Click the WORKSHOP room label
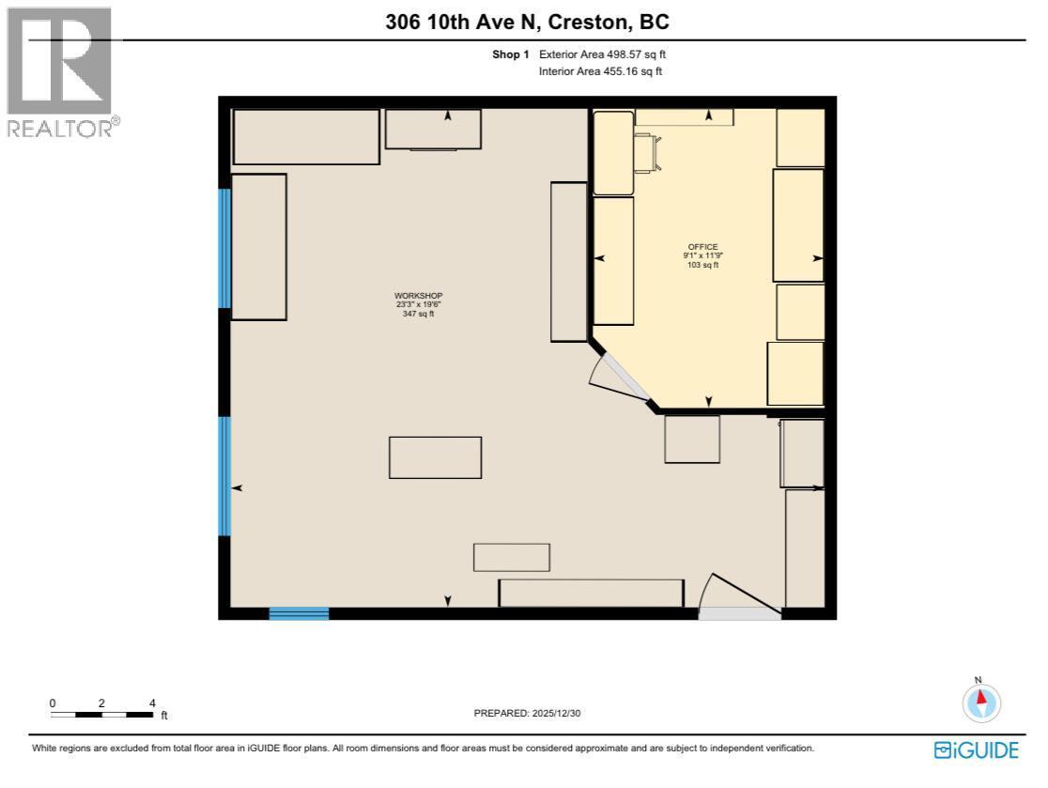point(418,296)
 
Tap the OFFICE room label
point(702,247)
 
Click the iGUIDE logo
point(977,749)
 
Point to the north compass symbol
point(982,701)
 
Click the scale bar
point(102,715)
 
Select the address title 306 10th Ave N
point(527,22)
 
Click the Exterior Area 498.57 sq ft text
point(602,54)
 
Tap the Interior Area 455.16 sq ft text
point(600,71)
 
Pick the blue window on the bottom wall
point(299,614)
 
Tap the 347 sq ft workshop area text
point(418,314)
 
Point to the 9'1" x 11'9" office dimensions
point(702,255)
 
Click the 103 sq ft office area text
point(702,265)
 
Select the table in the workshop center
point(435,457)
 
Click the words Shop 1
point(511,54)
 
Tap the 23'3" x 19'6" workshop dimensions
point(418,304)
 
